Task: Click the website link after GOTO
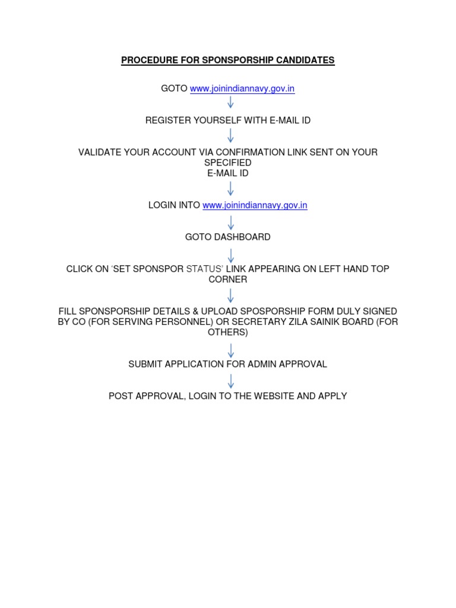(x=242, y=89)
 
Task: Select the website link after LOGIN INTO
(x=255, y=205)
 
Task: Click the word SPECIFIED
(x=228, y=163)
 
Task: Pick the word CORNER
(x=228, y=279)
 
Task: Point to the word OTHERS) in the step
(x=228, y=332)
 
